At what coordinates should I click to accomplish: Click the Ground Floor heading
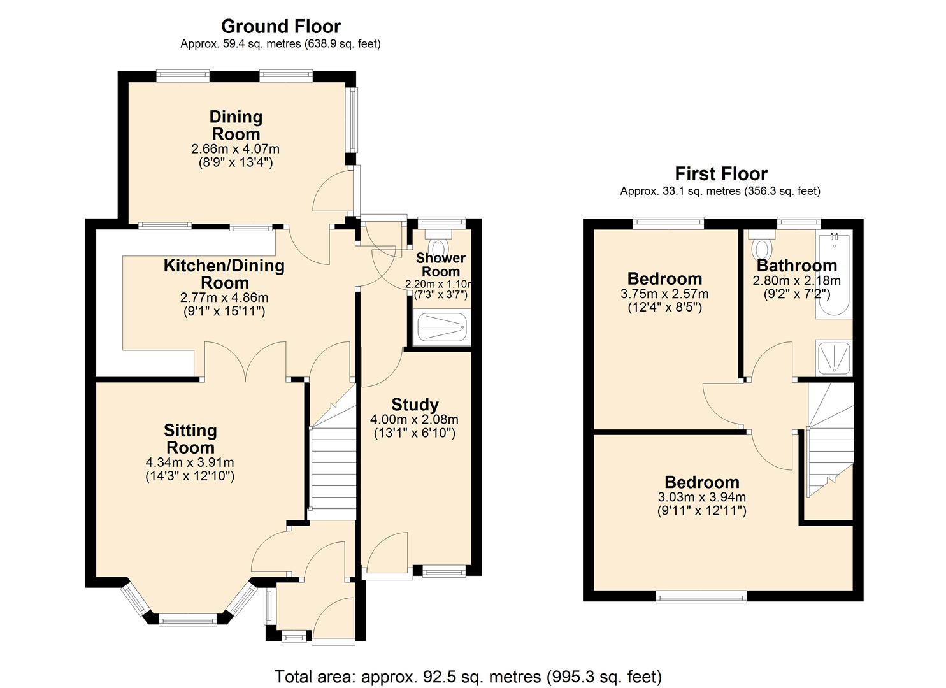pos(280,26)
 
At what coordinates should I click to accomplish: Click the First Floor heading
pos(721,173)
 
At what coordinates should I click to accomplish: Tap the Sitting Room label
pos(190,438)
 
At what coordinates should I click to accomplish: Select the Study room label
pos(415,405)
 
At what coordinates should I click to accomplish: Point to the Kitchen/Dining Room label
pos(224,274)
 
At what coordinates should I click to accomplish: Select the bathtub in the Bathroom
pos(833,275)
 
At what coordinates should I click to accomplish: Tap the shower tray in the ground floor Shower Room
pos(442,328)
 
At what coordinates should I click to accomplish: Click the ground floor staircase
pos(333,459)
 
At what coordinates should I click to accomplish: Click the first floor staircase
pos(829,446)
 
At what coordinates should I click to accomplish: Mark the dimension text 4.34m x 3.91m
pos(190,462)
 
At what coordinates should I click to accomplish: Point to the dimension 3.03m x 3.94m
pos(702,497)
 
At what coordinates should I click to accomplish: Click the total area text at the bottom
pos(468,676)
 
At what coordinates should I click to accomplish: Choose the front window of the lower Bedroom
pos(701,597)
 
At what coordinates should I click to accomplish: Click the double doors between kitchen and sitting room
pos(245,362)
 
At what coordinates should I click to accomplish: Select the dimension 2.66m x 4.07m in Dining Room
pos(235,149)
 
